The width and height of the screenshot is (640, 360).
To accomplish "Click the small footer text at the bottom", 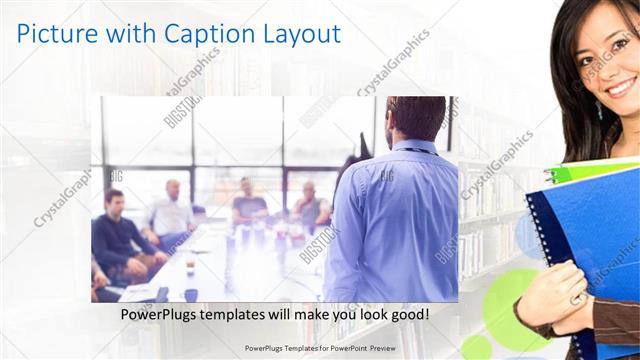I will (x=318, y=349).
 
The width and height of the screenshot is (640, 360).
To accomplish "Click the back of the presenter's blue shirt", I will (x=395, y=225).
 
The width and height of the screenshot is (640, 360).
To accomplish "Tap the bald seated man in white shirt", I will (x=172, y=212).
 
